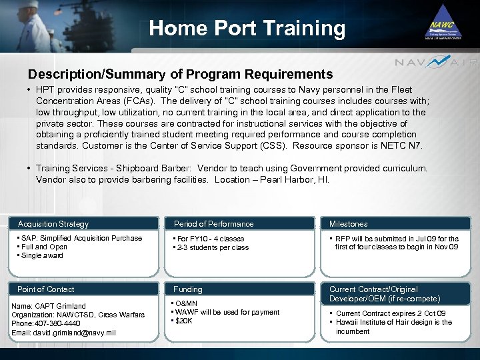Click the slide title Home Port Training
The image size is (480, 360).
click(247, 29)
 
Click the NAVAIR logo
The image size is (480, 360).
click(437, 63)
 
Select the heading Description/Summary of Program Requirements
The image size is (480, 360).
click(180, 74)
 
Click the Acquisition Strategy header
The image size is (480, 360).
click(53, 224)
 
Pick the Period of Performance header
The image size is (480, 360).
click(213, 224)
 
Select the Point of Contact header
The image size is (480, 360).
click(45, 289)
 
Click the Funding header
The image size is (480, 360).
click(188, 289)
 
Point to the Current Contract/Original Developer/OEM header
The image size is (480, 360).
click(385, 294)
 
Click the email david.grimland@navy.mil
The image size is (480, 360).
click(64, 333)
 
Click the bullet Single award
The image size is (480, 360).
click(43, 255)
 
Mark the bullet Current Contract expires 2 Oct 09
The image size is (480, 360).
click(391, 313)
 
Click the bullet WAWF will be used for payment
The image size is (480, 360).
click(227, 313)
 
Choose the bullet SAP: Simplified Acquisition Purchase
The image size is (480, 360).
click(81, 238)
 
